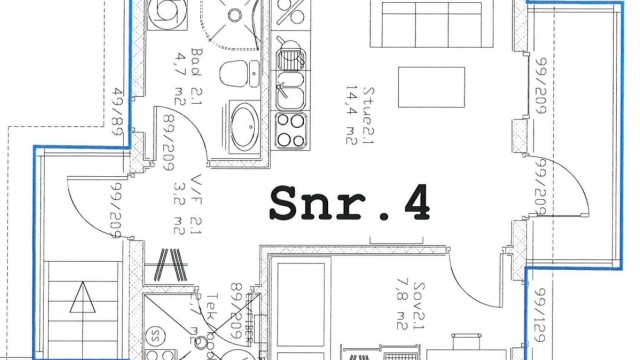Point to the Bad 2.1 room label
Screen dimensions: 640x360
[x=198, y=71]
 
